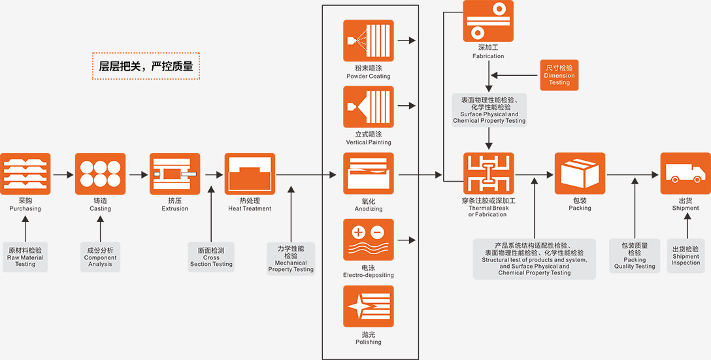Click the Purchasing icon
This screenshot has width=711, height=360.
click(25, 174)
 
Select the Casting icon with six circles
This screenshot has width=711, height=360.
click(100, 174)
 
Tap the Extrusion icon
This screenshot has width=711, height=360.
click(174, 174)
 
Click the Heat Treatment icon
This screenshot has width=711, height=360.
click(250, 174)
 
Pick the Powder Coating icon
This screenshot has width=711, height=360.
click(369, 41)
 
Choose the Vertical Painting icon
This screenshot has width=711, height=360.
click(369, 106)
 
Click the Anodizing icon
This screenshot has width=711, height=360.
click(369, 174)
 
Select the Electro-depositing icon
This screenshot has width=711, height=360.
click(369, 240)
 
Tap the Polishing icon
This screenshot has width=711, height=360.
click(369, 306)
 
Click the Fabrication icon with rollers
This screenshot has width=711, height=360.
click(488, 21)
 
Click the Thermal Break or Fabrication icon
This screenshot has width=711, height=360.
click(488, 174)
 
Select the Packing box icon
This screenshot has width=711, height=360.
click(580, 174)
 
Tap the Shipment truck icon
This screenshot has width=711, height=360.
click(685, 174)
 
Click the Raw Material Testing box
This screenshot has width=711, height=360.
click(25, 257)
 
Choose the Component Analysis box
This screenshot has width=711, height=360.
click(100, 257)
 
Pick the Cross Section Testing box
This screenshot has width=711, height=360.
click(211, 257)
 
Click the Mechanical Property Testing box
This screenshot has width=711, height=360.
click(291, 259)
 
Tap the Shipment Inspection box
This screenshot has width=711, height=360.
click(686, 255)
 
